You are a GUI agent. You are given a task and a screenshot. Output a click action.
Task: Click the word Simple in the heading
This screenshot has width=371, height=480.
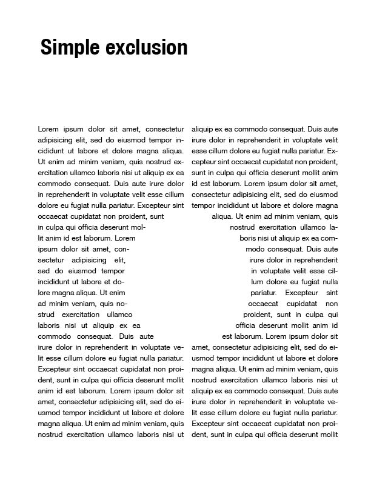[x=70, y=47]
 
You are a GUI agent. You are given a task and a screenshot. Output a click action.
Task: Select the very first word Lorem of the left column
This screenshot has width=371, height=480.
[x=48, y=129]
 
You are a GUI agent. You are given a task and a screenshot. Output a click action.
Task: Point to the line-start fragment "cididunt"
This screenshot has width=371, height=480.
[x=51, y=151]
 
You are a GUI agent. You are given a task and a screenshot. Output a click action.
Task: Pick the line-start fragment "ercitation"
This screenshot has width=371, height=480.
[x=53, y=173]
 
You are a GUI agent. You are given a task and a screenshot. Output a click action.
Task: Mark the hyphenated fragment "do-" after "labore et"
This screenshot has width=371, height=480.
[x=119, y=282]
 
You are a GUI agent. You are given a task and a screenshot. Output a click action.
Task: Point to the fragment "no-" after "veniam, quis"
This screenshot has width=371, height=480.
[x=121, y=304]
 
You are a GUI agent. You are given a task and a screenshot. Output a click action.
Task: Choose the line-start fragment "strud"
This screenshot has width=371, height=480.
[x=47, y=315]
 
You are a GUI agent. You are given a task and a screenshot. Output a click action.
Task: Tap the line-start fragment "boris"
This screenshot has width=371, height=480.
[x=249, y=238]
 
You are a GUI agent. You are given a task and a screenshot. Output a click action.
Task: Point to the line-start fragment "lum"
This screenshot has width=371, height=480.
[x=257, y=282]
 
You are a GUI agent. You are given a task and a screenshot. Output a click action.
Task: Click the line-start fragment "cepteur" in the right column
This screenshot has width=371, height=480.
[x=205, y=162]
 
